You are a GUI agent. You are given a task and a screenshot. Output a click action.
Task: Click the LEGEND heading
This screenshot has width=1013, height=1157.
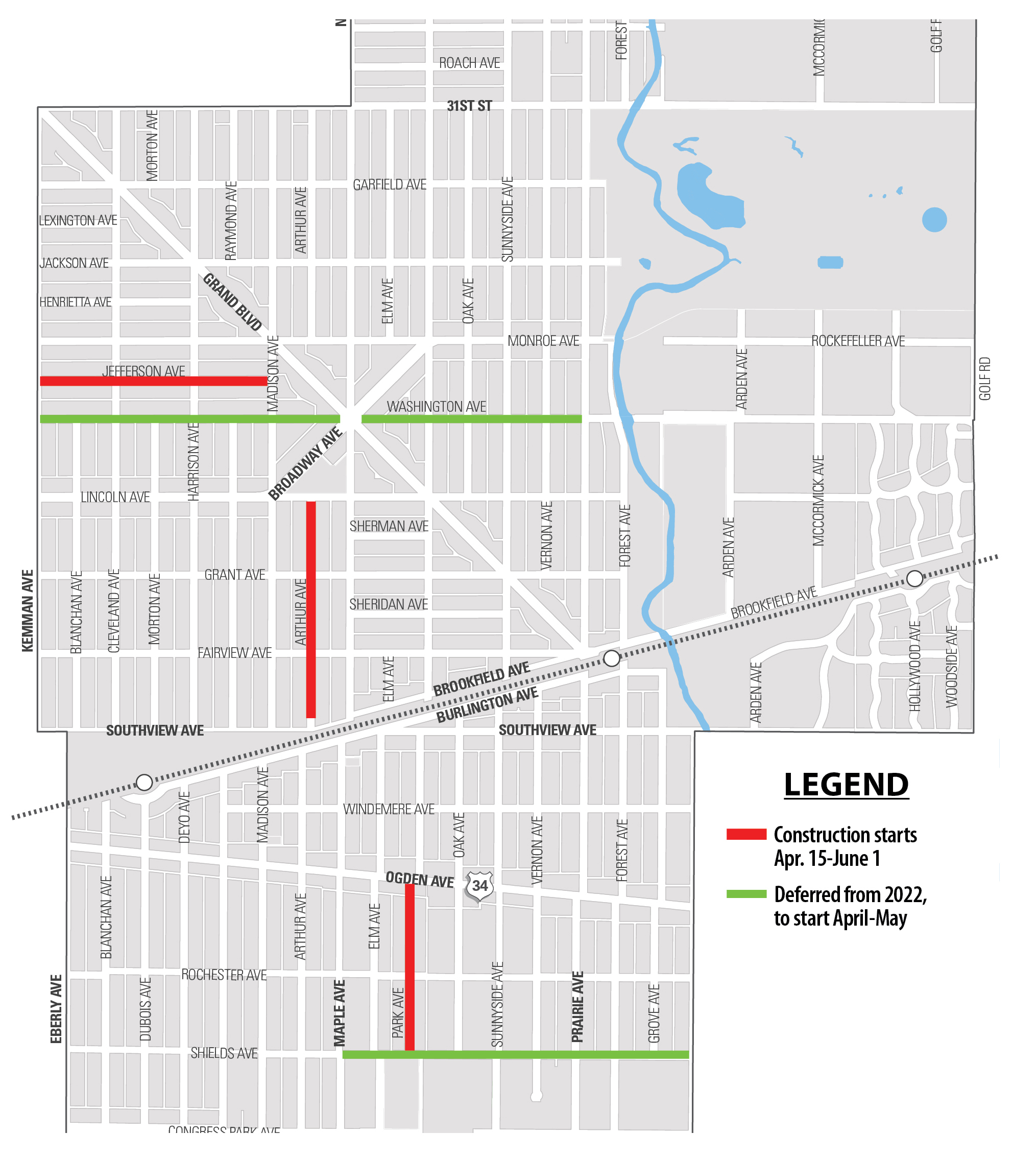point(846,785)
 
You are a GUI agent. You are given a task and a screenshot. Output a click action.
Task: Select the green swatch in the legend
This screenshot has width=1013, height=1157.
point(746,894)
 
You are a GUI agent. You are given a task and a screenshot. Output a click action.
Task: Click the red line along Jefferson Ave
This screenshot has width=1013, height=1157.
point(153,381)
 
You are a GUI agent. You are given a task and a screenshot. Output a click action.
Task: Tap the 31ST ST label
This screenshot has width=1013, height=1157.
point(469,106)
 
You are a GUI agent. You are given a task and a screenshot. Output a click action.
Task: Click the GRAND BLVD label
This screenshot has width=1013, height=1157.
point(232,302)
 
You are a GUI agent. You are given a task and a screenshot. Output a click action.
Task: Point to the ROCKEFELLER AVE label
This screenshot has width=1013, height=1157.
point(858,341)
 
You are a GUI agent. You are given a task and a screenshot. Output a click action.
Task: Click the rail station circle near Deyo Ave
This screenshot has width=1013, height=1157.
point(144,783)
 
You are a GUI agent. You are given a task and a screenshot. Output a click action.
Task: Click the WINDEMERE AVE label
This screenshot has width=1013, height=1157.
point(389,809)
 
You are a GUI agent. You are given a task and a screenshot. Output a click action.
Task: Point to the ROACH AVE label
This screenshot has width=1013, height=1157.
point(469,63)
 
